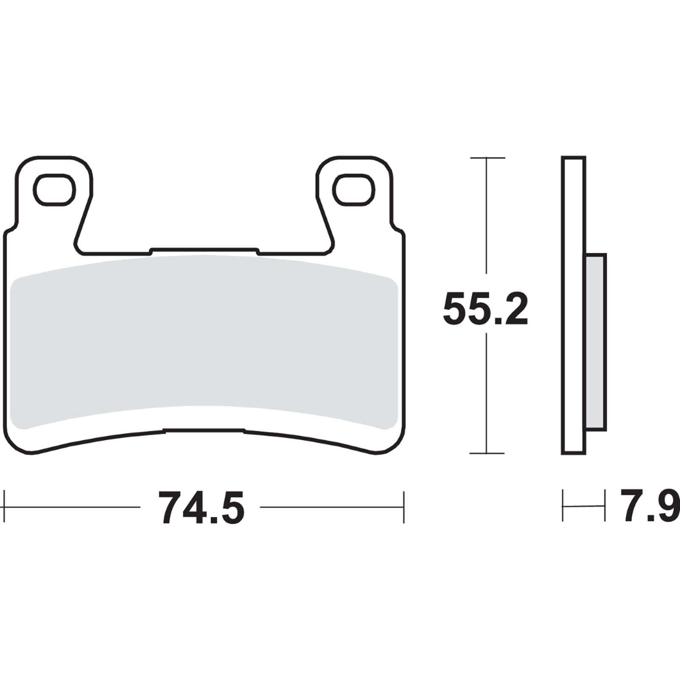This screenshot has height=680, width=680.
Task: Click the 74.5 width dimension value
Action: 201,508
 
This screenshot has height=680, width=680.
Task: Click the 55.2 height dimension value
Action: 485,309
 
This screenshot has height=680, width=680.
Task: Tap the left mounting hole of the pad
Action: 54,190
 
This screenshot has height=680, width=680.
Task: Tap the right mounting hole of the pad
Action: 354,190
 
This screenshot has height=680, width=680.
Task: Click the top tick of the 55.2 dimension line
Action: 487,158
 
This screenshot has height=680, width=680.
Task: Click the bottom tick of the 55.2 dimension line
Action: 487,453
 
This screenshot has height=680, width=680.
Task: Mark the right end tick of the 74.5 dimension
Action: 403,507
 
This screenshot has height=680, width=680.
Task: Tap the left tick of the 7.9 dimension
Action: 563,506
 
